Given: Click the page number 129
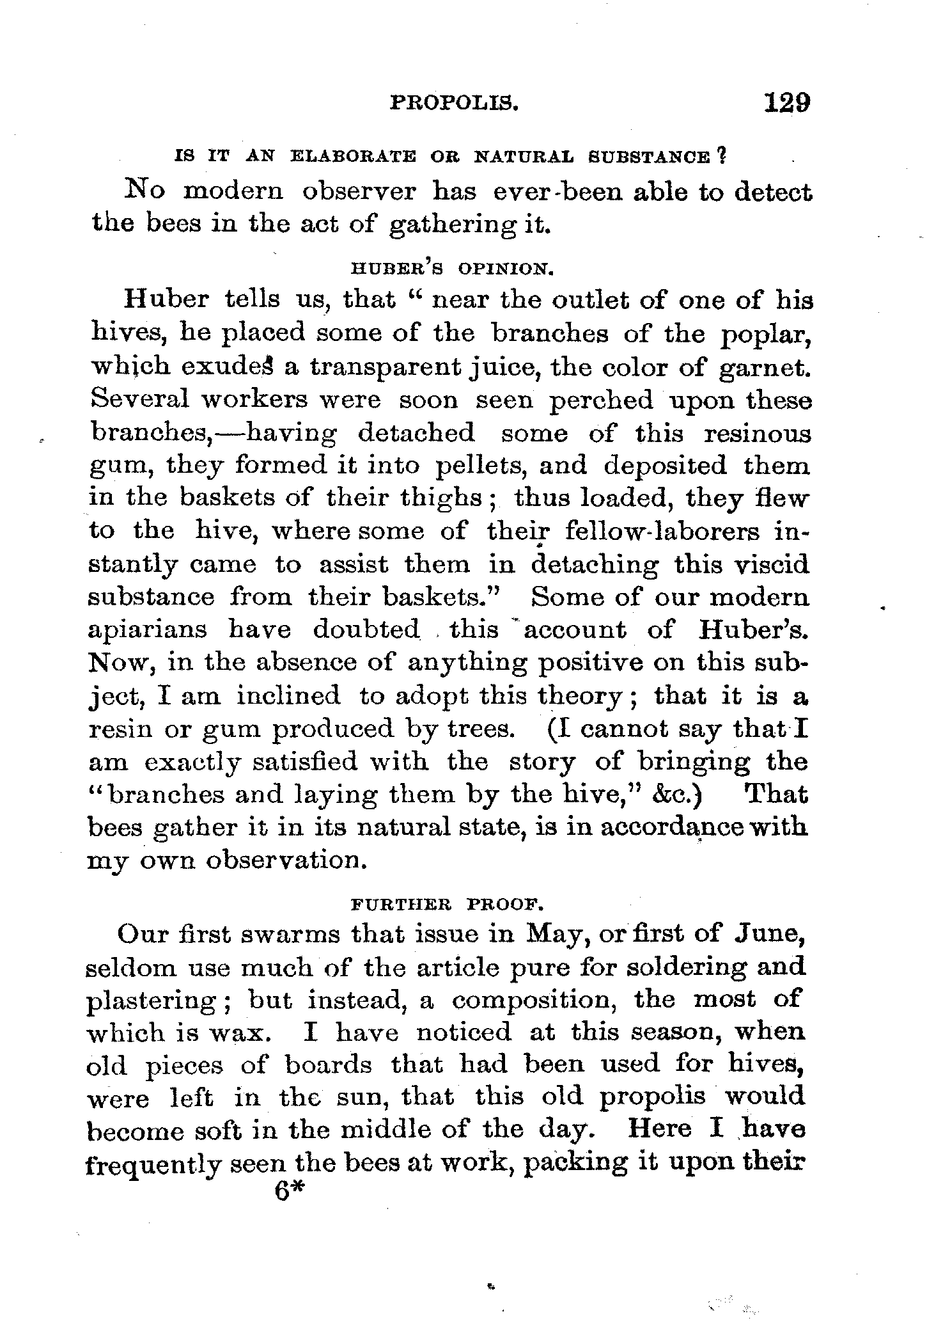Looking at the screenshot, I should (781, 102).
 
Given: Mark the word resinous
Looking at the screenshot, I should (758, 433).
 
